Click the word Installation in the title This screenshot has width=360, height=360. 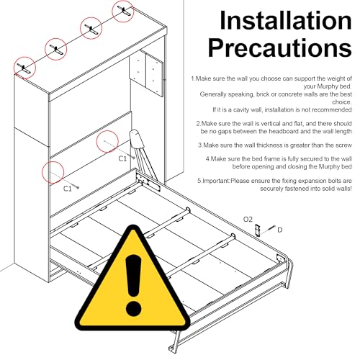point(286,20)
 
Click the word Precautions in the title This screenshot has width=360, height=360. point(280,48)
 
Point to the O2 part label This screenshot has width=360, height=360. point(248,220)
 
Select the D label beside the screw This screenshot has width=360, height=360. point(280,230)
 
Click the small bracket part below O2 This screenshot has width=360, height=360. point(258,230)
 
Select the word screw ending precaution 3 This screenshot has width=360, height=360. point(343,145)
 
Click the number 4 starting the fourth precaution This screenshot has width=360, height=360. point(207,159)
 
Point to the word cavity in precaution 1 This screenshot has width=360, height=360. point(241,109)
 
